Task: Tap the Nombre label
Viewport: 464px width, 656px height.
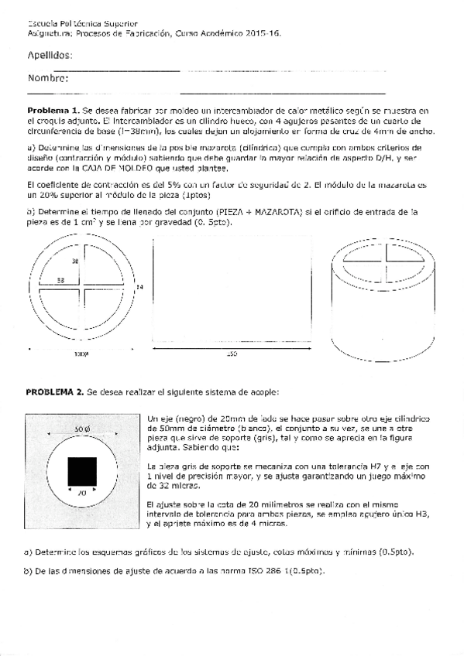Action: (x=48, y=78)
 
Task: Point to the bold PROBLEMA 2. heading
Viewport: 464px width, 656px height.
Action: (x=56, y=392)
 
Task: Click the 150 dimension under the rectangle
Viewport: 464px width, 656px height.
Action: (x=231, y=354)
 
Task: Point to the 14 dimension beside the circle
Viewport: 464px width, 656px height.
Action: (x=139, y=288)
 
